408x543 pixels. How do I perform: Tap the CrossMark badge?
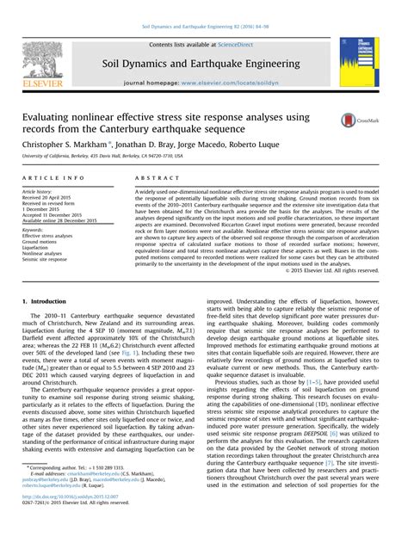[x=368, y=123]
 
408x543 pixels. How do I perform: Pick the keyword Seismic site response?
[x=49, y=261]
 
